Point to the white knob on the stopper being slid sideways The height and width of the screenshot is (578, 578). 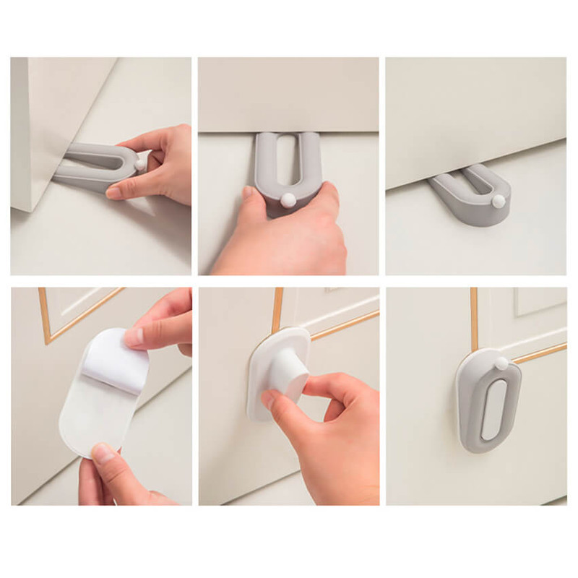pyautogui.click(x=139, y=165)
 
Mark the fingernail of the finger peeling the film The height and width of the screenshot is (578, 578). pyautogui.click(x=132, y=337)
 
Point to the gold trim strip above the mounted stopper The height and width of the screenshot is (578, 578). pyautogui.click(x=474, y=318)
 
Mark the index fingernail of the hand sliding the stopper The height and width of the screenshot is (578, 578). pyautogui.click(x=114, y=193)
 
